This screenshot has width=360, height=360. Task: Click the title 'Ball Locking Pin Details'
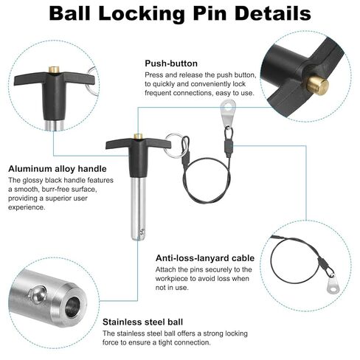(x=180, y=13)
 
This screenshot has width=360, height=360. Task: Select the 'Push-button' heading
(x=171, y=63)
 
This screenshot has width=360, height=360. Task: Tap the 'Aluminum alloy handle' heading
(x=58, y=169)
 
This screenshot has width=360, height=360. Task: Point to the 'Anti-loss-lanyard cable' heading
(x=205, y=258)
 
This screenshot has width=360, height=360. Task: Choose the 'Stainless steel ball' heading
(x=142, y=322)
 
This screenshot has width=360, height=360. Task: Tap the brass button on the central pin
(x=139, y=136)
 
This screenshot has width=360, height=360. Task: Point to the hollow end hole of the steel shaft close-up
(x=73, y=306)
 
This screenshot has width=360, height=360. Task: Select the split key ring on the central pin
(x=175, y=145)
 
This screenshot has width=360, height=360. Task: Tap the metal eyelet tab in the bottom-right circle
(x=332, y=285)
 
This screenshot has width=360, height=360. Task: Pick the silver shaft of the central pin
(x=139, y=209)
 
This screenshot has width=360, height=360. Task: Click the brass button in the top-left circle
(x=54, y=69)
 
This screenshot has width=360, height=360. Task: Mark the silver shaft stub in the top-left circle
(x=54, y=125)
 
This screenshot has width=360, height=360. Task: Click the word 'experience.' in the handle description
(x=27, y=207)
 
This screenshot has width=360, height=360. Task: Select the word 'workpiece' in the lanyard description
(x=174, y=279)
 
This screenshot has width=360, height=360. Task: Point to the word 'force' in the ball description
(x=111, y=342)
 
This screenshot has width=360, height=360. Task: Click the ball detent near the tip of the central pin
(x=142, y=232)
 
